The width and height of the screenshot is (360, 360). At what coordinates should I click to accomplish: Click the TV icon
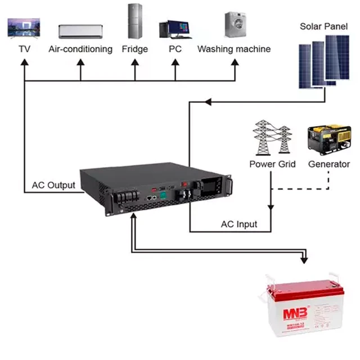[x=24, y=27]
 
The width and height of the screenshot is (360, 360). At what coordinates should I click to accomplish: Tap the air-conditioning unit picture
[x=80, y=30]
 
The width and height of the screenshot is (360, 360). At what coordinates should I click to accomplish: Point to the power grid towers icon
[x=272, y=137]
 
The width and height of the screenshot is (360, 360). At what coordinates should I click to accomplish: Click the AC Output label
[x=53, y=185]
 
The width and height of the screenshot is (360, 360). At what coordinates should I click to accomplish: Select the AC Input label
[x=238, y=224]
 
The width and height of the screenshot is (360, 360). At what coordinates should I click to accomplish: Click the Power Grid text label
[x=272, y=164]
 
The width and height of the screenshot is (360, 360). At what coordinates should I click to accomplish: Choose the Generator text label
[x=328, y=164]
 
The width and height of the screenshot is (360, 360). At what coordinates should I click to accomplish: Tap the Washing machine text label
[x=233, y=49]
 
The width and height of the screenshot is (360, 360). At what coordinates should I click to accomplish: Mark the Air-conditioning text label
[x=80, y=49]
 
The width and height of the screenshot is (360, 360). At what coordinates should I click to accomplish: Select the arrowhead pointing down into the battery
[x=304, y=259]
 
